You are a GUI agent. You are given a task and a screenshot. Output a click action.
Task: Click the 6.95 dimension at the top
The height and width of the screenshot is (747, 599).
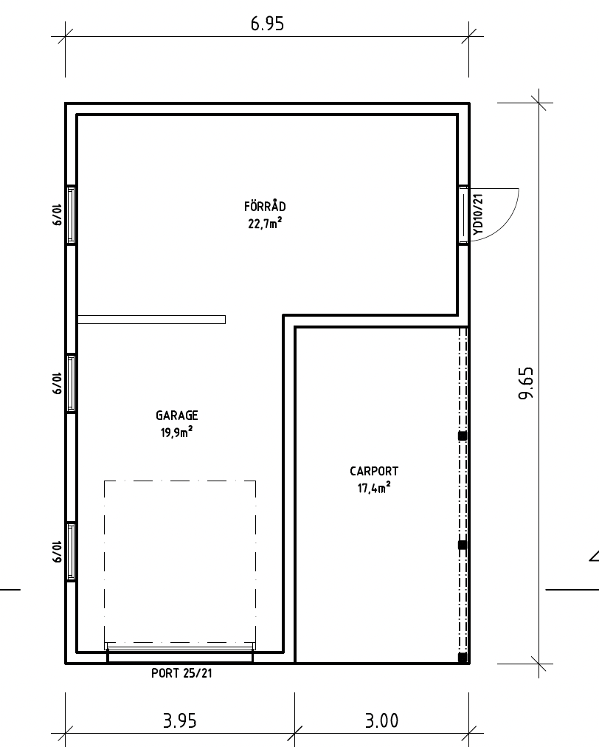(x=267, y=24)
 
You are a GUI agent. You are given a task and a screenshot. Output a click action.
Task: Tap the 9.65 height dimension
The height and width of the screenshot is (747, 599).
(x=526, y=383)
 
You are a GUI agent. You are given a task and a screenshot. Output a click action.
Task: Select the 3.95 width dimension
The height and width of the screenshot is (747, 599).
(x=179, y=721)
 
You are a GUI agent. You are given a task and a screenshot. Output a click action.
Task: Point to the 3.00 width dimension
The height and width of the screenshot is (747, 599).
(x=381, y=721)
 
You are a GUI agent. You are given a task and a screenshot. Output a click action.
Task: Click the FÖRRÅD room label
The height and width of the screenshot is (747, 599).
(x=265, y=206)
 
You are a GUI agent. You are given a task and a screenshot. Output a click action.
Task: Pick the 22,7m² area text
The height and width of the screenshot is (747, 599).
(x=265, y=223)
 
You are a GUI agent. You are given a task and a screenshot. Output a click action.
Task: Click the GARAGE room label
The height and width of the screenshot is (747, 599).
(x=176, y=416)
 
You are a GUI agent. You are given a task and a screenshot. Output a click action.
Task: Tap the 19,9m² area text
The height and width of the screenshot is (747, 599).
(x=176, y=433)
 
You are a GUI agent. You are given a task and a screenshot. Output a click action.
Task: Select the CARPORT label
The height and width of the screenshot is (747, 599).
(x=374, y=471)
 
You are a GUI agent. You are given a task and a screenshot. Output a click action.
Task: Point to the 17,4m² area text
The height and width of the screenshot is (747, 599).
(x=374, y=488)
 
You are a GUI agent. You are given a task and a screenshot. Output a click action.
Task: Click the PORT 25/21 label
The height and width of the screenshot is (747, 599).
(x=181, y=673)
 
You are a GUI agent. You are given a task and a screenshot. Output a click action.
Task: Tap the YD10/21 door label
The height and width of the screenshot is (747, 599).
(x=479, y=214)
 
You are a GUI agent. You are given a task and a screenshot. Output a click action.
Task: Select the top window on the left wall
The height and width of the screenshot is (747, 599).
(x=71, y=215)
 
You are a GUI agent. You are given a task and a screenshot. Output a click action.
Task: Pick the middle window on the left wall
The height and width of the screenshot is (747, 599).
(x=71, y=384)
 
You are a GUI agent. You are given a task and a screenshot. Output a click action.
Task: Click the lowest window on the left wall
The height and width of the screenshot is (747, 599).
(x=71, y=552)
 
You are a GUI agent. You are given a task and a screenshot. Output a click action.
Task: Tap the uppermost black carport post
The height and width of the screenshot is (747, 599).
(x=463, y=436)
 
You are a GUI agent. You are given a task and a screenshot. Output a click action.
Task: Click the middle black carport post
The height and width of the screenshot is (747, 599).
(x=463, y=545)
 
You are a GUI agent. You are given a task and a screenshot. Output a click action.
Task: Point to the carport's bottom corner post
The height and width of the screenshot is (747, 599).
(x=463, y=658)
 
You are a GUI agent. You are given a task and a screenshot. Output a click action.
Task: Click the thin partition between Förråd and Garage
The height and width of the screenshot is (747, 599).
(x=151, y=320)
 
